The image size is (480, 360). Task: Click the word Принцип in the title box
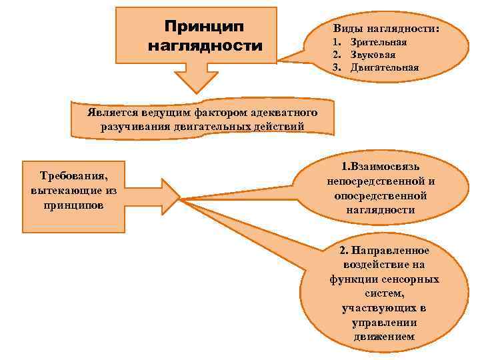coord(204,27)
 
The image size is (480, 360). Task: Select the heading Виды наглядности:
coord(386,30)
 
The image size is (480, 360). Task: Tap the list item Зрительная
coord(378,42)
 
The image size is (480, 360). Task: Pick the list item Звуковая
coord(373,55)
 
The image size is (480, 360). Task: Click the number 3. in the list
coord(338,67)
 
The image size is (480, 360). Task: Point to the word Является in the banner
coord(110,111)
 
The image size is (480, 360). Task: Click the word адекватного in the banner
coord(285,111)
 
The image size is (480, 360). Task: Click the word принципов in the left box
coord(73,205)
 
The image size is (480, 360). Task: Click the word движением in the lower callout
coord(385,337)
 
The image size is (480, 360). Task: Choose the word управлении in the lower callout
coord(384,323)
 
